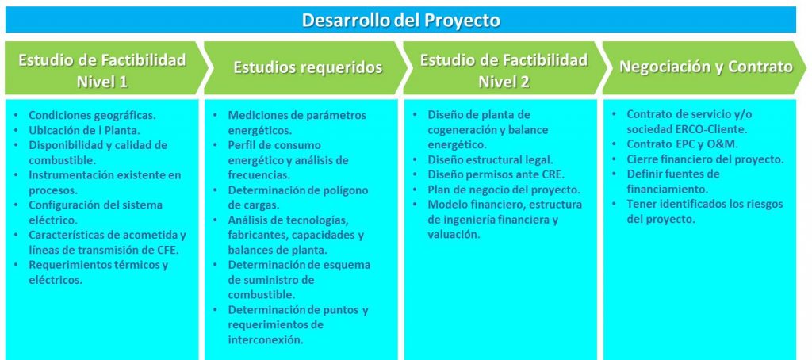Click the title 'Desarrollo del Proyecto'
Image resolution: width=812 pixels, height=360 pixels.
(400, 20)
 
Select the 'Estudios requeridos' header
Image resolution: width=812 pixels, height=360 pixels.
(308, 67)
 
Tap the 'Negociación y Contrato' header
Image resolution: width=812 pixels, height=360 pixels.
(706, 67)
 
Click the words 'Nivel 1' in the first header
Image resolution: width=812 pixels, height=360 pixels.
(102, 82)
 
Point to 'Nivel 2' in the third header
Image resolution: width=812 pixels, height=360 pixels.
(504, 82)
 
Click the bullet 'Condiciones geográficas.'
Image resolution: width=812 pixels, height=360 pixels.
(92, 116)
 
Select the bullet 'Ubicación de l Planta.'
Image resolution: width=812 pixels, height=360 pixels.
(84, 131)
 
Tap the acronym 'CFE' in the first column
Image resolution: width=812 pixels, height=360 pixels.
(167, 251)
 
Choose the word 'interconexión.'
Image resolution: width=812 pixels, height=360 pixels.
(266, 340)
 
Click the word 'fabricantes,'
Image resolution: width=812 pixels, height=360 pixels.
(258, 236)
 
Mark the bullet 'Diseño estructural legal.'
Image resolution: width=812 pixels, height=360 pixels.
(490, 160)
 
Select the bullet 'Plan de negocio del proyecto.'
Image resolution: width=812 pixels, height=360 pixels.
(504, 190)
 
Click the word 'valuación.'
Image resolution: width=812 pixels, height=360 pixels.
(454, 235)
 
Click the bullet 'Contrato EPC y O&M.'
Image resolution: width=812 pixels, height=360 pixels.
(683, 144)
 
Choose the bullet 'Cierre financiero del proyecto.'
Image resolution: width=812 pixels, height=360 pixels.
(705, 159)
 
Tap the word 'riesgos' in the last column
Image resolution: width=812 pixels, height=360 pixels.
(764, 205)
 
